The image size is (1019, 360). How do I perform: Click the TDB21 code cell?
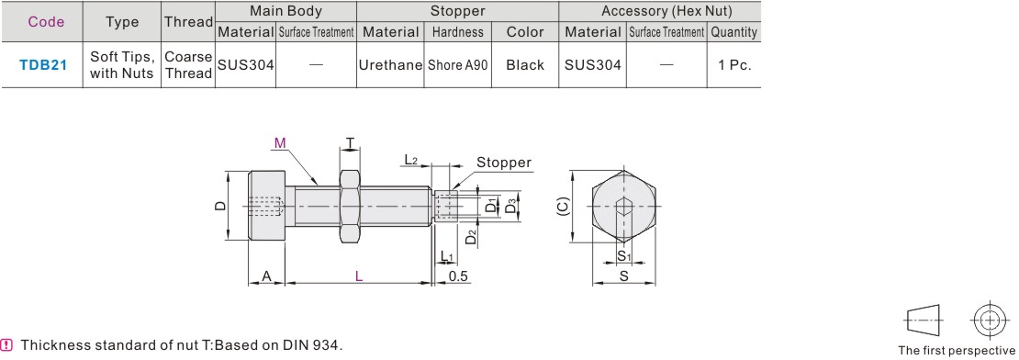(x=43, y=65)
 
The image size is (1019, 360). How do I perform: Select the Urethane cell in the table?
(x=390, y=65)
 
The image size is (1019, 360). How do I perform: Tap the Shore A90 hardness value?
(x=457, y=65)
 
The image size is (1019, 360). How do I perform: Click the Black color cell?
(x=525, y=65)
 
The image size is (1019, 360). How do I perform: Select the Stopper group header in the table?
(x=457, y=11)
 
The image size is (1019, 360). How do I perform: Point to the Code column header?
(x=46, y=22)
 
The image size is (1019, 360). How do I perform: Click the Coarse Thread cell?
(x=188, y=65)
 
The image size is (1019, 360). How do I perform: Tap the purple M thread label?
(x=279, y=143)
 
